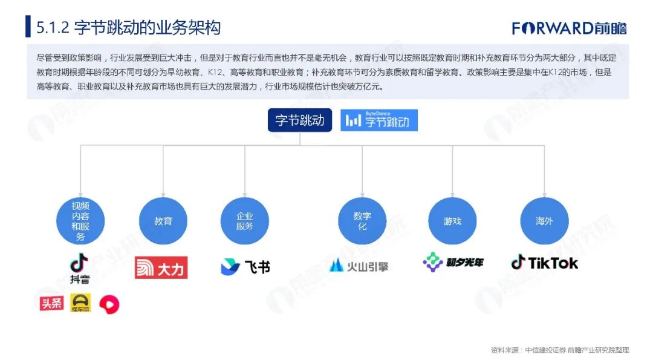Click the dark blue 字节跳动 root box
pyautogui.click(x=300, y=120)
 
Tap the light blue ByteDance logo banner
pyautogui.click(x=379, y=120)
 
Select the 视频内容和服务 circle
pyautogui.click(x=80, y=221)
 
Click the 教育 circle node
pyautogui.click(x=163, y=221)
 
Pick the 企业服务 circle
pyautogui.click(x=244, y=221)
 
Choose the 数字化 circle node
pyautogui.click(x=362, y=221)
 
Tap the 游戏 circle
pyautogui.click(x=452, y=221)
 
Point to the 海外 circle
pyautogui.click(x=544, y=221)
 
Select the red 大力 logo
pyautogui.click(x=161, y=267)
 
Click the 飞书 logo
pyautogui.click(x=245, y=267)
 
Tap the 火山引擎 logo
pyautogui.click(x=360, y=266)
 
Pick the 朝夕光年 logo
pyautogui.click(x=453, y=263)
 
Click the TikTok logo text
pyautogui.click(x=545, y=263)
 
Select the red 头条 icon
pyautogui.click(x=51, y=303)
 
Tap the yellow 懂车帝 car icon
pyautogui.click(x=80, y=303)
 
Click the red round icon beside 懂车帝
pyautogui.click(x=109, y=304)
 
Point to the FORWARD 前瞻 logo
pyautogui.click(x=569, y=28)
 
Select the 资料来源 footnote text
pyautogui.click(x=560, y=350)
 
